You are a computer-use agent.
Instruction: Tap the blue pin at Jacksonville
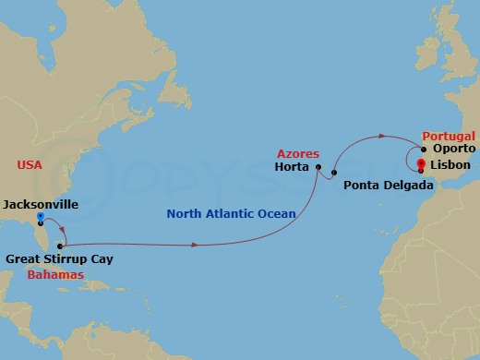pos(40,219)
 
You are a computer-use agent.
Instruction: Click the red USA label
pos(30,164)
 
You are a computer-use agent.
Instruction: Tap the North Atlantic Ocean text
pos(232,214)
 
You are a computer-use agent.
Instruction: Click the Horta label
pos(293,168)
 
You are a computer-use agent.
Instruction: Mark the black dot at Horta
pos(318,168)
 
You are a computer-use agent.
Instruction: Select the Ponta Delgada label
pos(386,185)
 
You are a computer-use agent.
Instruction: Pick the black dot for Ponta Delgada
pos(334,173)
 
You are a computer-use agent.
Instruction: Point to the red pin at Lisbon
pos(421,165)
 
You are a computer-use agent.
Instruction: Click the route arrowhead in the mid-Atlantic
pos(195,245)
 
